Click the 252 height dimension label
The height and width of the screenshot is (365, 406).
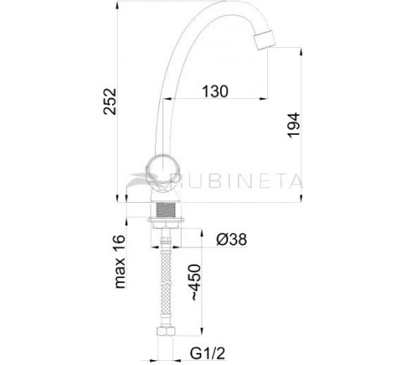120,102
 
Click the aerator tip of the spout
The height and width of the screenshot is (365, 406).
268,41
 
